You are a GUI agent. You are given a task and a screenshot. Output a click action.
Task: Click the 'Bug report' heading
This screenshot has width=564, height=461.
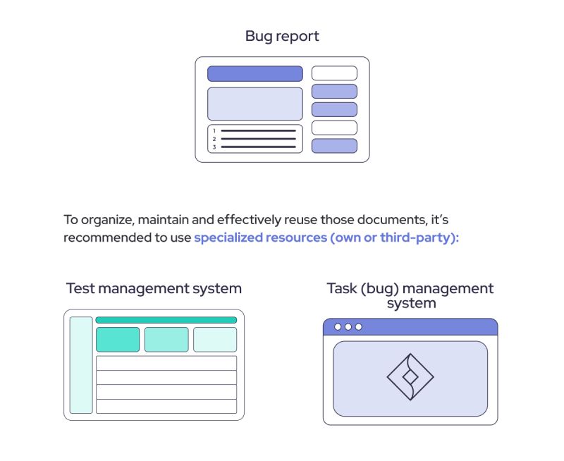pos(282,36)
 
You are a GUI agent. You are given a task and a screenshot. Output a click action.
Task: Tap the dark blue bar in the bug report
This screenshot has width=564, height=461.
pos(255,73)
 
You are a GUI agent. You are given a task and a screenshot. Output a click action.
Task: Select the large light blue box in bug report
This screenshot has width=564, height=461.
pos(255,104)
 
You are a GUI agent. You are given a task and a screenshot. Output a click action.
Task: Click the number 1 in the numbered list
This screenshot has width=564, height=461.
pos(214,131)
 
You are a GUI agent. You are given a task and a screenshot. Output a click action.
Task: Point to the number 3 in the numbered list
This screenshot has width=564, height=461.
pos(214,147)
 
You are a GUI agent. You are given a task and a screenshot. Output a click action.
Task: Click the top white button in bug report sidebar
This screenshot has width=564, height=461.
pos(334,73)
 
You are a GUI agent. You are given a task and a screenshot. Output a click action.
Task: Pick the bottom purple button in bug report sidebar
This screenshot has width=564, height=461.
pos(334,146)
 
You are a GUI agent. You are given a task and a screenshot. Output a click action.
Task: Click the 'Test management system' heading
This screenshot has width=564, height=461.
pos(154,288)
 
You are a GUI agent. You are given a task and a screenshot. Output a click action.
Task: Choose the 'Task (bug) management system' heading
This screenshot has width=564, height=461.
pos(410,296)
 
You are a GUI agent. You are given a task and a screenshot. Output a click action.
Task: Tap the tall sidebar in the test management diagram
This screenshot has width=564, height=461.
pos(81,364)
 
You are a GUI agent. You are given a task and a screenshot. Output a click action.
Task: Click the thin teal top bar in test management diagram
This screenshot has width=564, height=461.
pos(166,320)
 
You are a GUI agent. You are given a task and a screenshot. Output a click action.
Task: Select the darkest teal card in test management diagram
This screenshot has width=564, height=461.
pos(117,339)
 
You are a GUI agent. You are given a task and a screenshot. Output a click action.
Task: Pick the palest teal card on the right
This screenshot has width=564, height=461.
pos(215,339)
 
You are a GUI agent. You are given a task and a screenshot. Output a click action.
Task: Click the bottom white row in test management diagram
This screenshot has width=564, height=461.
pos(166,406)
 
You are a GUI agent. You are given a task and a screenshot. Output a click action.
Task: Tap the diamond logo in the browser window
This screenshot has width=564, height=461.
pos(410,377)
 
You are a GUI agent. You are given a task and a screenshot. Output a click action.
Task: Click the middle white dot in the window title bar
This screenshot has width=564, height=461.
pos(348,327)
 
